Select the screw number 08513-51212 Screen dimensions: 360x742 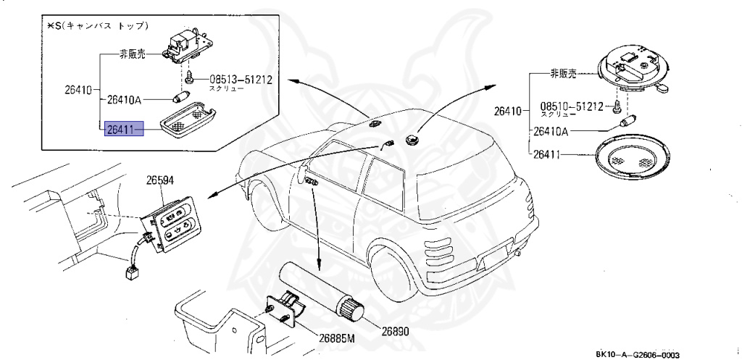pos(241,79)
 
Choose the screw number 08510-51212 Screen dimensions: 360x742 pos(571,106)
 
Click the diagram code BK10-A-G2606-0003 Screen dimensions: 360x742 pos(638,354)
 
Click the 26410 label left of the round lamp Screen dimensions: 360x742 pos(508,112)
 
